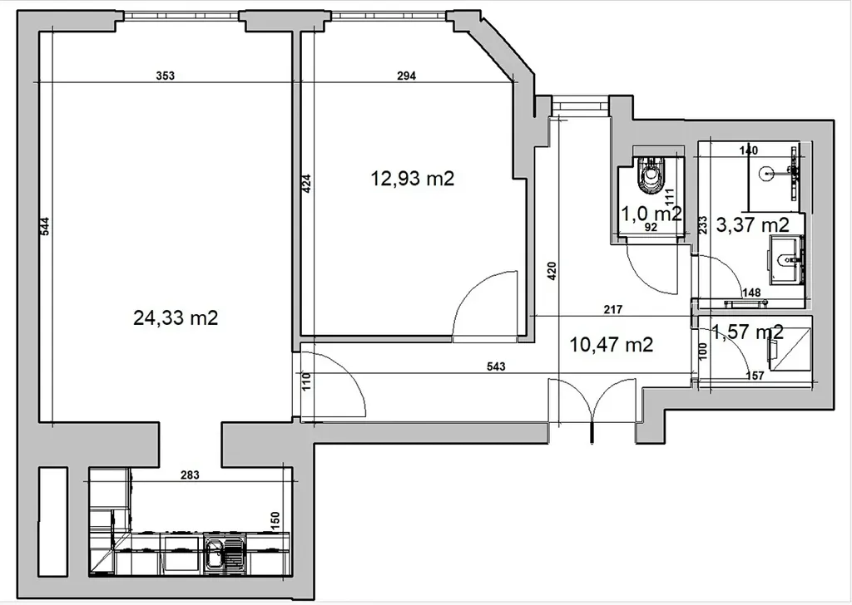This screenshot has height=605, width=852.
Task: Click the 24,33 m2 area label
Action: point(176,318)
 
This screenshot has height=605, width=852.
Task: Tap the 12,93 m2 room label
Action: point(412,178)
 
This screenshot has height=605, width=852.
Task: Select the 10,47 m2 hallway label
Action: point(611,345)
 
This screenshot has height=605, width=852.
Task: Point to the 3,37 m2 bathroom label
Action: point(752,224)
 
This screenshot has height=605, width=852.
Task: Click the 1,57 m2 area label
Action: point(748,332)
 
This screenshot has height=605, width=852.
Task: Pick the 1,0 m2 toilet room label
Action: point(651,214)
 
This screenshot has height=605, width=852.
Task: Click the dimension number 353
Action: point(166,76)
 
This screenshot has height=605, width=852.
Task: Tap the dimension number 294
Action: point(406,76)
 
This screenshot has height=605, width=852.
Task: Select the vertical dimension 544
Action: point(45,226)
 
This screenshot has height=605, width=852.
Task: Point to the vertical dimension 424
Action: point(306,184)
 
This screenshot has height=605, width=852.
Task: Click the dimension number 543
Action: point(496,366)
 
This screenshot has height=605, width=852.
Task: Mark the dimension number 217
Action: point(613,310)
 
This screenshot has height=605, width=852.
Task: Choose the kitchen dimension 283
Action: point(190,475)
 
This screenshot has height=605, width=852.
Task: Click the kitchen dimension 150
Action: point(275,521)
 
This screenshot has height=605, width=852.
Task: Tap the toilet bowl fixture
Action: point(651,175)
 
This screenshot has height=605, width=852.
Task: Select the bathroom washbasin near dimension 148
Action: point(786,259)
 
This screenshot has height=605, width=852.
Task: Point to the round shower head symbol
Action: point(766,174)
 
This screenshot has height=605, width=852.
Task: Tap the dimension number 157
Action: point(755,376)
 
